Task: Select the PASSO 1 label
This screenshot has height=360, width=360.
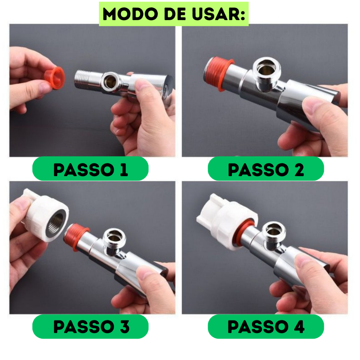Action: pyautogui.click(x=90, y=170)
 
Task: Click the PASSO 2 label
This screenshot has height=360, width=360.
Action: pyautogui.click(x=266, y=170)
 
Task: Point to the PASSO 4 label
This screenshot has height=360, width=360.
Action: pyautogui.click(x=266, y=327)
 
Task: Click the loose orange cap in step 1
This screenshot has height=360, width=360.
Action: pyautogui.click(x=54, y=78)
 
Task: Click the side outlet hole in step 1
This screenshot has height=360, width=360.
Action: pyautogui.click(x=111, y=81)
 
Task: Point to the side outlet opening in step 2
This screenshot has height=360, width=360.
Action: pyautogui.click(x=267, y=68)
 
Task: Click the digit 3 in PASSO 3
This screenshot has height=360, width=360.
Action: pyautogui.click(x=125, y=327)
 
